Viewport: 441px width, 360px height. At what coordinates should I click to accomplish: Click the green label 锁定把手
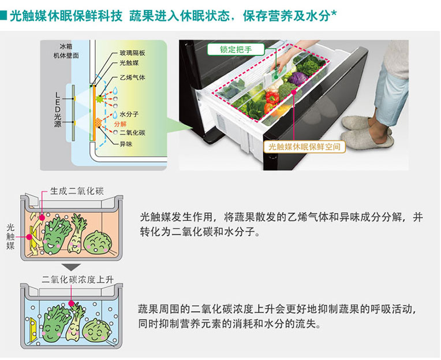click(x=236, y=50)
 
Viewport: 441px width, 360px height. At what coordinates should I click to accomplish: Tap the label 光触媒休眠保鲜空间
click(x=304, y=147)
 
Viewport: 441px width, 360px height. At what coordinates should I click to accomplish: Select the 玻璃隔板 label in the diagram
click(x=132, y=53)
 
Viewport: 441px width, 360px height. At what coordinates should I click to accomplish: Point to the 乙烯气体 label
click(x=132, y=77)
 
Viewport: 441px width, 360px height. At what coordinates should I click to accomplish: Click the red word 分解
click(x=120, y=124)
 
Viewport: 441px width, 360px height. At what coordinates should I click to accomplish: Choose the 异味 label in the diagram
click(x=126, y=144)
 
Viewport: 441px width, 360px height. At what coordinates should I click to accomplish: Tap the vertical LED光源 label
click(x=57, y=109)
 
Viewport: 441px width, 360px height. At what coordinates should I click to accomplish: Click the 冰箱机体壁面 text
click(x=66, y=51)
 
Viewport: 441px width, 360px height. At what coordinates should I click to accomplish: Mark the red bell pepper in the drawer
click(x=272, y=98)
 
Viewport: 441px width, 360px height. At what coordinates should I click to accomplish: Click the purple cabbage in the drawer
click(x=298, y=78)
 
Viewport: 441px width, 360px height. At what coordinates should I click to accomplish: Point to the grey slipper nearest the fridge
click(x=357, y=123)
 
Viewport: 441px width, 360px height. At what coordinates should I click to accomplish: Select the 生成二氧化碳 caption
click(x=77, y=191)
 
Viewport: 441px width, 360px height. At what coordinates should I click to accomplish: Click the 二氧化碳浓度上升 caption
click(x=77, y=280)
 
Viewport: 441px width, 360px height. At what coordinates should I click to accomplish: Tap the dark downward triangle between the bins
click(x=72, y=267)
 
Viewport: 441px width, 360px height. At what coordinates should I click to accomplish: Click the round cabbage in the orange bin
click(x=98, y=243)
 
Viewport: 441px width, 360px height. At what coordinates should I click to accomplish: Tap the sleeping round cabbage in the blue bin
click(x=97, y=331)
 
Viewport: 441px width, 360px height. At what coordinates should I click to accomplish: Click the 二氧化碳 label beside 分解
click(x=132, y=132)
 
